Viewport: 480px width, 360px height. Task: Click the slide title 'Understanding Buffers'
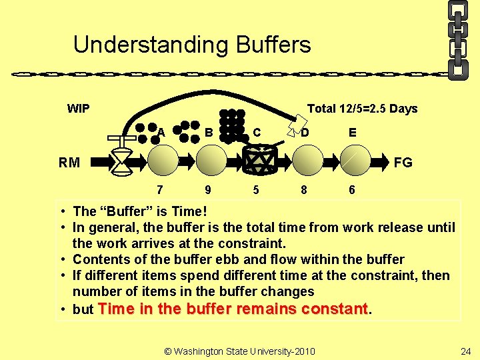point(192,45)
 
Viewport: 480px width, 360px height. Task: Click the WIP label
point(78,109)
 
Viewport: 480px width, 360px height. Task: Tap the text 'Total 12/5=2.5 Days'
point(362,109)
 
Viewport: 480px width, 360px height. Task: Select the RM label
point(69,162)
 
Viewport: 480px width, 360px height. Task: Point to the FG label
point(403,162)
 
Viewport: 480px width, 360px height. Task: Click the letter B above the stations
point(209,133)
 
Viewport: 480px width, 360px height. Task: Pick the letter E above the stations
point(352,133)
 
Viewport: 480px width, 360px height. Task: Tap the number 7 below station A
point(160,189)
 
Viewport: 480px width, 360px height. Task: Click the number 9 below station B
point(208,189)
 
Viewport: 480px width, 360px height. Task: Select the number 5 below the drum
point(256,189)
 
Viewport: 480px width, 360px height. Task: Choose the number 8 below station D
point(304,189)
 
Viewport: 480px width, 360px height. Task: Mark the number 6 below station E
point(352,189)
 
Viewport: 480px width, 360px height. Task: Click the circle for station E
point(354,161)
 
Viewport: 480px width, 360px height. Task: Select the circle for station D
point(307,161)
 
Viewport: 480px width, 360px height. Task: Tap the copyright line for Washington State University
point(239,351)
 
